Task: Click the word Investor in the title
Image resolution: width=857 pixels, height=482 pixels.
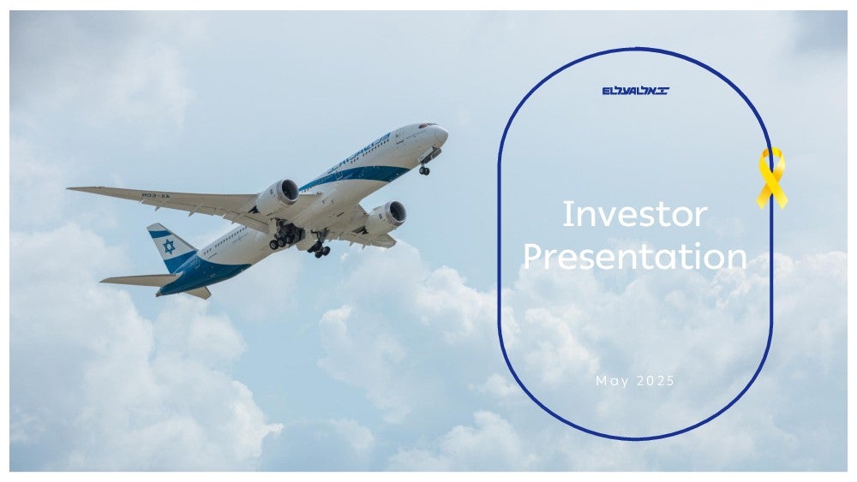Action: [x=634, y=214]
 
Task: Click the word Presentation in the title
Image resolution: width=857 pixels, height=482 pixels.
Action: [x=635, y=257]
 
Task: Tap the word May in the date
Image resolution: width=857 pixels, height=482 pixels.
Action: [x=613, y=381]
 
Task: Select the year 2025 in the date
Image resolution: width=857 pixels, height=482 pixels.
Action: [x=656, y=380]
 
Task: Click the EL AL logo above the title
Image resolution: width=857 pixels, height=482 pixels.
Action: [x=636, y=91]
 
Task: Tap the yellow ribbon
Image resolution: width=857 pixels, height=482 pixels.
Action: [x=772, y=177]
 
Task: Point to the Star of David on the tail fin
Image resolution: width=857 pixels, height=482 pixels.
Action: [x=169, y=247]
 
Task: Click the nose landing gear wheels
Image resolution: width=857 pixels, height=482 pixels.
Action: [x=424, y=171]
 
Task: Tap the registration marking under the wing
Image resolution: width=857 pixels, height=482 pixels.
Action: [x=156, y=195]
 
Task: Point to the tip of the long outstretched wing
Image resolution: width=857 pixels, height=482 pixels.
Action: [x=69, y=189]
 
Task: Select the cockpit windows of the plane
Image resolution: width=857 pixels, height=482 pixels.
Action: [x=427, y=126]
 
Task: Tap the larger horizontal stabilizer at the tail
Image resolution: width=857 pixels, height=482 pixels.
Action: [x=141, y=280]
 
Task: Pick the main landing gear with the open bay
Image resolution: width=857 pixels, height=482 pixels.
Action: [x=285, y=235]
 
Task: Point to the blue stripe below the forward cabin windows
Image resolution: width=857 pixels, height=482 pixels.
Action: [x=356, y=176]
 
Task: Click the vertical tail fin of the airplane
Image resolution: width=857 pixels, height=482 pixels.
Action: [x=171, y=246]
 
